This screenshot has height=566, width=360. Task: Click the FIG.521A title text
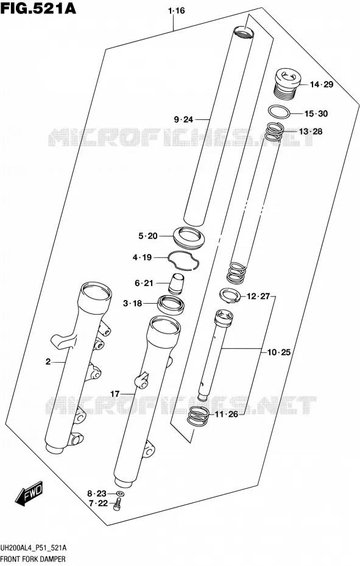(x=38, y=8)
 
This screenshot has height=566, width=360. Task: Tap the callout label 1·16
(x=176, y=11)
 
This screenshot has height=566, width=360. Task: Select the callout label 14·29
(x=322, y=85)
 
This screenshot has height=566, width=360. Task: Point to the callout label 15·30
(x=316, y=114)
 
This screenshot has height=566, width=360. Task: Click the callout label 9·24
(x=183, y=119)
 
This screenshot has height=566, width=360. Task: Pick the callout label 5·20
(x=148, y=236)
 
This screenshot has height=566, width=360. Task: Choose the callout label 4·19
(x=142, y=257)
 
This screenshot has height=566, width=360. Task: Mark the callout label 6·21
(x=144, y=284)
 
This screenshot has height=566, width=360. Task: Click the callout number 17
(x=115, y=394)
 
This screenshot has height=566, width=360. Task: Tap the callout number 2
(x=48, y=362)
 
